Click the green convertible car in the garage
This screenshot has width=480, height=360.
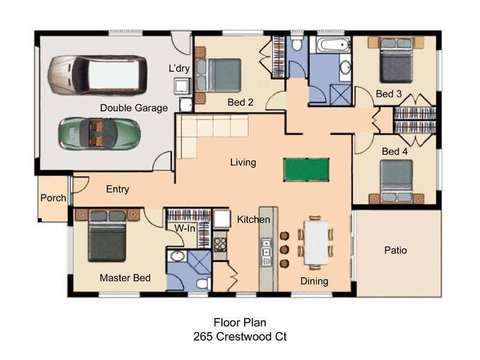click(x=100, y=134)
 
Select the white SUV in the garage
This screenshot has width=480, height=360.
click(x=97, y=75)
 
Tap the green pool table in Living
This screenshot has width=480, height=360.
click(x=306, y=170)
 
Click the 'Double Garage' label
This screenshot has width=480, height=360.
click(x=134, y=108)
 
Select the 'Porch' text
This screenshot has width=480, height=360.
click(x=53, y=198)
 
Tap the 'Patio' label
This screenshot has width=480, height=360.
click(x=395, y=250)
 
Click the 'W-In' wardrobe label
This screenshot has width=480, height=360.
click(x=185, y=228)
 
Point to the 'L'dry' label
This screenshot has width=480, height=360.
click(x=179, y=68)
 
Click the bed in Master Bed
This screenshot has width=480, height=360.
click(x=107, y=236)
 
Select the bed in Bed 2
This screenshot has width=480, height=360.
click(x=218, y=76)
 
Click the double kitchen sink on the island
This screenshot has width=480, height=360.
click(x=266, y=251)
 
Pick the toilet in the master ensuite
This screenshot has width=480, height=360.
click(x=203, y=283)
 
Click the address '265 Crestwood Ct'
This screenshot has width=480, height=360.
click(x=240, y=337)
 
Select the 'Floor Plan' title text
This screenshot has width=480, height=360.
click(x=240, y=322)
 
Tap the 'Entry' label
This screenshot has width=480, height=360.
click(x=118, y=189)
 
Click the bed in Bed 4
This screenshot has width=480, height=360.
click(x=397, y=181)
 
